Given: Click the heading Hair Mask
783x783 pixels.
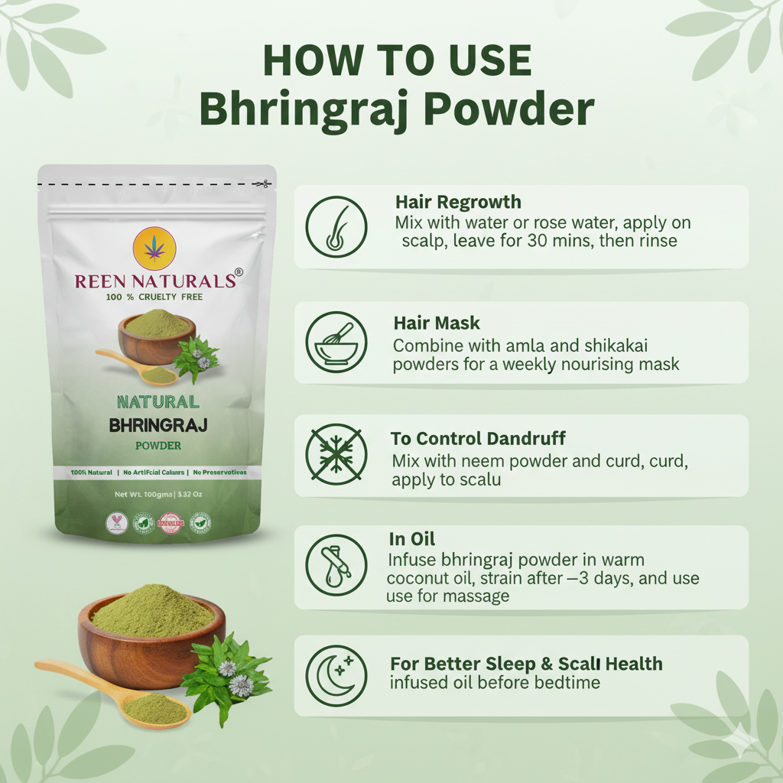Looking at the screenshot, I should [437, 323].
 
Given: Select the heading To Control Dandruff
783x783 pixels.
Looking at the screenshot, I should [478, 439].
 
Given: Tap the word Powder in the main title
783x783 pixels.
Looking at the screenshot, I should [509, 109].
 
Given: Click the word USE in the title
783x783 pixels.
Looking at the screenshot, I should [486, 61].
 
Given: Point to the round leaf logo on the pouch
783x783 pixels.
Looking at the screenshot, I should [154, 249].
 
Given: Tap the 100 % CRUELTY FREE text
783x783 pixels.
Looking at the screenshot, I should [154, 297].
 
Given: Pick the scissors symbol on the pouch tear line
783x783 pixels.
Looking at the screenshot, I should [262, 184].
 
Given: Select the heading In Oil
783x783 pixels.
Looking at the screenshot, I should [412, 539].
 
